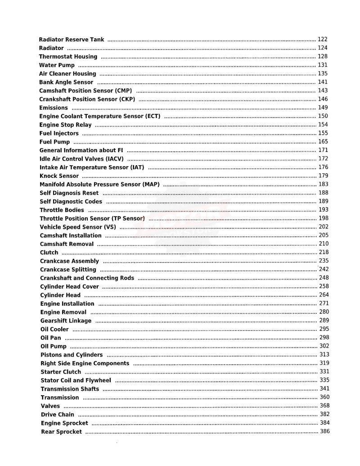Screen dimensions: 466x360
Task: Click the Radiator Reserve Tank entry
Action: click(72, 40)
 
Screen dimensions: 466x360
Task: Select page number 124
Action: click(323, 48)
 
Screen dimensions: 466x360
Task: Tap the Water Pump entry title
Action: click(57, 65)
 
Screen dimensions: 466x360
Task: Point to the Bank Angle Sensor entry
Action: click(66, 82)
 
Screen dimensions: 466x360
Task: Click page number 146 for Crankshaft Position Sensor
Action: click(323, 99)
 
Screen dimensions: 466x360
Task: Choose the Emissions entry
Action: click(54, 108)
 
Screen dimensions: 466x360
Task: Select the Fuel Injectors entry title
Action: click(59, 133)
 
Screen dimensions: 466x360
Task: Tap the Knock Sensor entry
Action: click(59, 176)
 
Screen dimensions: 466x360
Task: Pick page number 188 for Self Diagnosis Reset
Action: click(323, 193)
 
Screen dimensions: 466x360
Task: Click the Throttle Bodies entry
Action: click(62, 210)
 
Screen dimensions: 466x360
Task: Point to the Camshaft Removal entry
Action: click(67, 244)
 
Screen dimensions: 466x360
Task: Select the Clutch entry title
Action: click(49, 253)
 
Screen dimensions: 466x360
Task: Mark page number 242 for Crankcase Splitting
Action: click(324, 269)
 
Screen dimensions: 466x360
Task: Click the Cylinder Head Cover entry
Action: click(69, 287)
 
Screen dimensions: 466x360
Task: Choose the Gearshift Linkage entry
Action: click(66, 321)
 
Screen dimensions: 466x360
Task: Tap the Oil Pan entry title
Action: click(51, 338)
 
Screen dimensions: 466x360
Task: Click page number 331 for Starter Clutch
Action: click(324, 371)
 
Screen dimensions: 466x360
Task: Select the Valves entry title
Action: click(50, 406)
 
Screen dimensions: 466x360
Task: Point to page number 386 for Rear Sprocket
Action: click(325, 431)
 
